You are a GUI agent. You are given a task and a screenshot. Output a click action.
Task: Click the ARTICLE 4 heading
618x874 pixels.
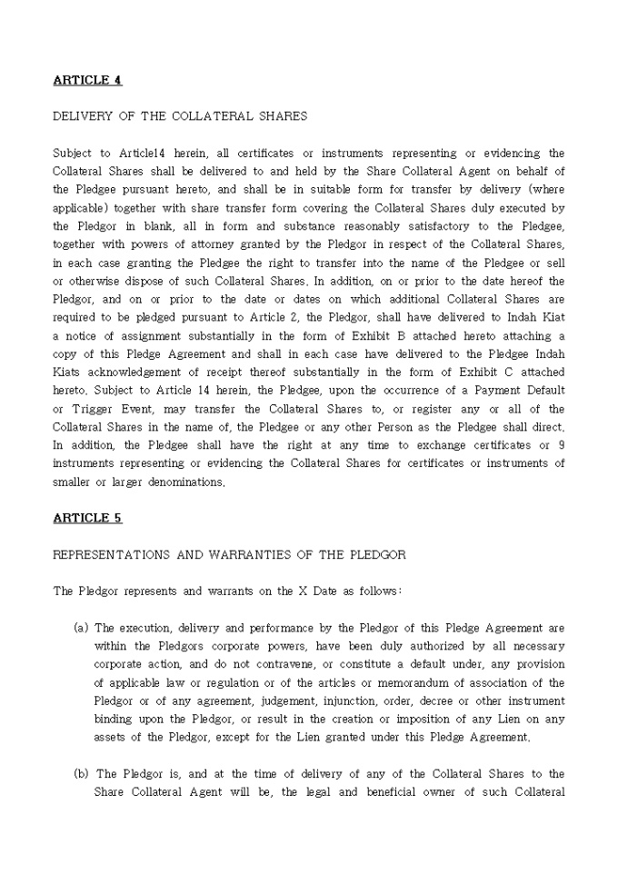(x=87, y=80)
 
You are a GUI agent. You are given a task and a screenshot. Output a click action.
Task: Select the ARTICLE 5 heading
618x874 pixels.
(x=87, y=518)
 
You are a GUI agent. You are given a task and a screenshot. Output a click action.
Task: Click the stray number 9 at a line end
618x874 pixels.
(x=561, y=445)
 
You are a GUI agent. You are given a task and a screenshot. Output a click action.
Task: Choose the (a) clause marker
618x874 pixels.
(x=81, y=628)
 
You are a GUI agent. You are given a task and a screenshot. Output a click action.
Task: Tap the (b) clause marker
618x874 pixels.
(x=81, y=774)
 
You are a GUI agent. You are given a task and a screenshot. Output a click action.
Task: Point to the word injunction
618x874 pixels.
(x=344, y=701)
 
